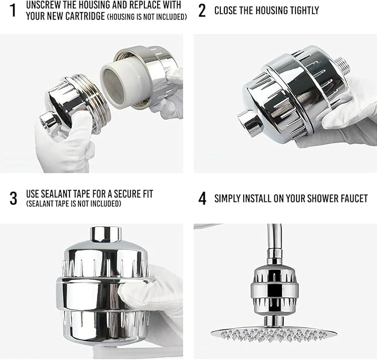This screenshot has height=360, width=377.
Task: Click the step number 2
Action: pyautogui.click(x=202, y=11)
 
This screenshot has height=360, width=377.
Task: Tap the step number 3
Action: pyautogui.click(x=13, y=199)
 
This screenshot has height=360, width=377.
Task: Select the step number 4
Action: pyautogui.click(x=202, y=199)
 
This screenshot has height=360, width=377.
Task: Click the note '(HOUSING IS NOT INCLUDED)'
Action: pyautogui.click(x=147, y=17)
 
